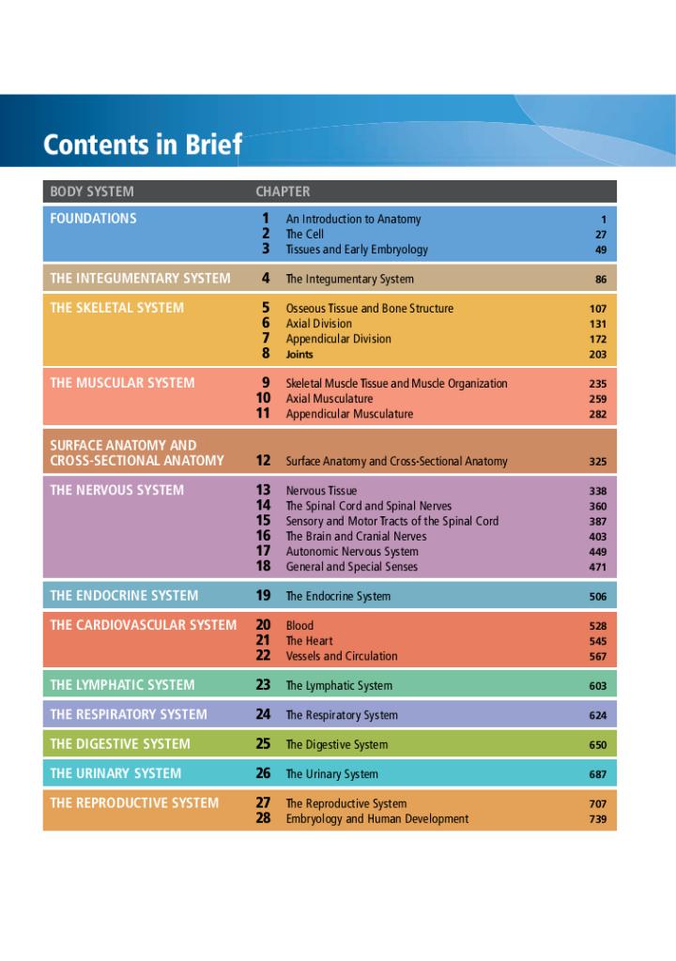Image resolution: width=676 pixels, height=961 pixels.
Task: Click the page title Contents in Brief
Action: click(142, 145)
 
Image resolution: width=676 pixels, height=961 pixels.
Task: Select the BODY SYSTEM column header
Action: click(92, 191)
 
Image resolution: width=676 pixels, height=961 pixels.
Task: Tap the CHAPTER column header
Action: click(283, 191)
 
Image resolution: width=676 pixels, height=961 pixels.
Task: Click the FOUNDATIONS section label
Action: click(93, 219)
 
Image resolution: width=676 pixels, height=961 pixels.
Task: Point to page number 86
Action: click(600, 279)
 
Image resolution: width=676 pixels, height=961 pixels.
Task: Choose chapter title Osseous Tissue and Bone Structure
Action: click(369, 309)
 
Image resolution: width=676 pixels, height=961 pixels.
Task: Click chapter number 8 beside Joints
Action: click(266, 354)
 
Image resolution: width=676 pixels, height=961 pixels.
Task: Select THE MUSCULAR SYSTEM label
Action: click(122, 383)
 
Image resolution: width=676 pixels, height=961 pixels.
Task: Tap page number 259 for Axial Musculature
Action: click(598, 399)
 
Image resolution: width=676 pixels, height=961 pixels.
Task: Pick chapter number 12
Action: click(263, 461)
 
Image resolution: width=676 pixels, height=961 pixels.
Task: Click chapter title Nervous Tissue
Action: click(321, 491)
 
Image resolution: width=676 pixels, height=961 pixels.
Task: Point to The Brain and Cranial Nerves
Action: click(356, 537)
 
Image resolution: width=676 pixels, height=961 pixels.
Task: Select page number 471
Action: click(598, 567)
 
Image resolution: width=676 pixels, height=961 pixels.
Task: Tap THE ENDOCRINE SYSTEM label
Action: click(124, 596)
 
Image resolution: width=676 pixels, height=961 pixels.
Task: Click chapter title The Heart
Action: click(309, 641)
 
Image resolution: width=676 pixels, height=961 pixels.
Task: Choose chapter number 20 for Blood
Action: click(263, 625)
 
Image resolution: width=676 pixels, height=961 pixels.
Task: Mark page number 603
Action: click(598, 686)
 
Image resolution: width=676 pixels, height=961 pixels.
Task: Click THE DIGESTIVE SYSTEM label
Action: click(120, 744)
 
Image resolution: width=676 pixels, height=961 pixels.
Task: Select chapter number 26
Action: click(263, 774)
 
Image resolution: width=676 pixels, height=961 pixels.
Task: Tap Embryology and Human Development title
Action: click(377, 819)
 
